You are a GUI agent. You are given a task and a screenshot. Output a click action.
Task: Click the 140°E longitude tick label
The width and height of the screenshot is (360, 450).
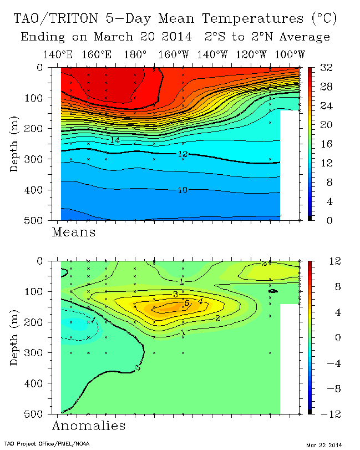[58, 54]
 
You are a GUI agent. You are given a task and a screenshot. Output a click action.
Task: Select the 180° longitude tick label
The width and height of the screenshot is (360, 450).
[135, 54]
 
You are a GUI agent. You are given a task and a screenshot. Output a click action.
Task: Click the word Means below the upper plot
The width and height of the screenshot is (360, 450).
[73, 232]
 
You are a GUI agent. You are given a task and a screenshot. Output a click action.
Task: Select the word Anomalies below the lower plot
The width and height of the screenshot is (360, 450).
[88, 426]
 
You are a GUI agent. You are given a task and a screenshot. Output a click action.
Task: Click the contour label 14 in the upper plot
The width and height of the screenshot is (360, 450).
[115, 140]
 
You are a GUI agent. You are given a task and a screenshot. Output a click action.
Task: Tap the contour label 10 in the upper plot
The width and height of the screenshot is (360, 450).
[182, 190]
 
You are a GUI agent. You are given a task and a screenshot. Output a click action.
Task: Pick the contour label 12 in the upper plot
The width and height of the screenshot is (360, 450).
[182, 154]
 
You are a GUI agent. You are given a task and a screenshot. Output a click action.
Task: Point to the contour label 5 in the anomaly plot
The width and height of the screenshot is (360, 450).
[187, 303]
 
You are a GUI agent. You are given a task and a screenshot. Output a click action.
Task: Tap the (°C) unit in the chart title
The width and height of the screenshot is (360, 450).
[322, 19]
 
